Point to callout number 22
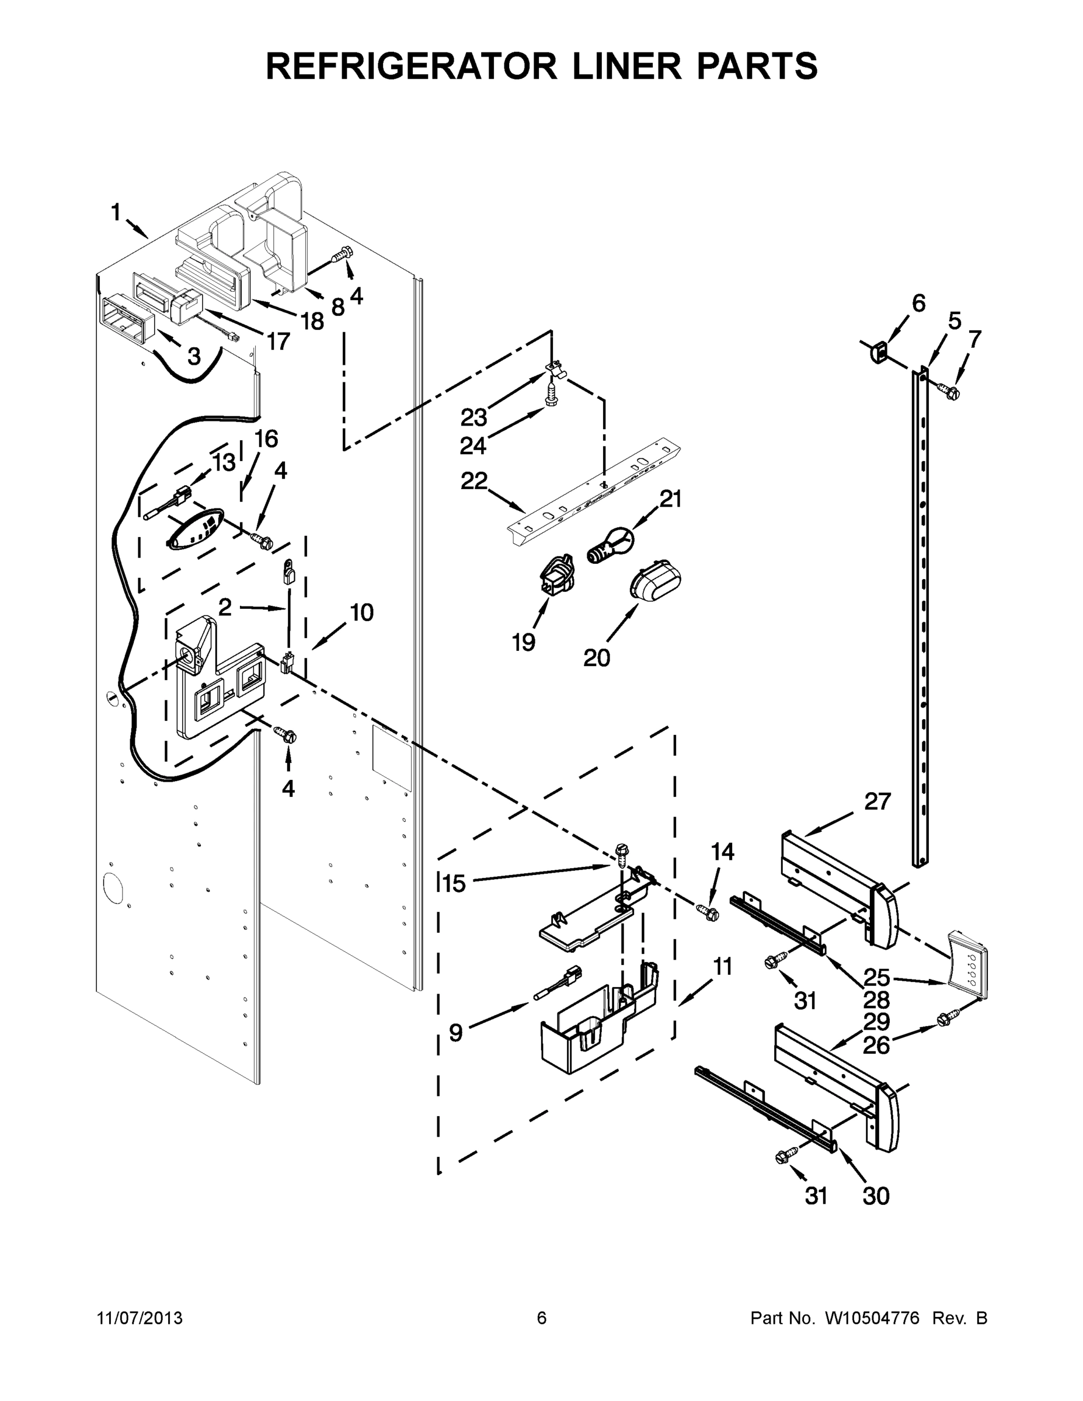pos(473,481)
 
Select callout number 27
pos(877,801)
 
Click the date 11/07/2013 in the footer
pos(140,1318)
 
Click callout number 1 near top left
pos(116,212)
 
